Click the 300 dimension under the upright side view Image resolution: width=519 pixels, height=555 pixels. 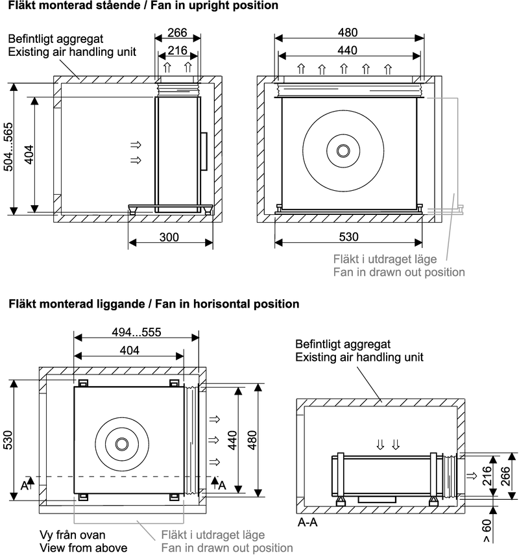pos(169,238)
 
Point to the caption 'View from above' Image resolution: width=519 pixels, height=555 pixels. pos(83,548)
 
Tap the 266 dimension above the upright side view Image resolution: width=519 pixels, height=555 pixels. pos(178,33)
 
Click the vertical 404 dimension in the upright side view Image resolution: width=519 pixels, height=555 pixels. pos(29,154)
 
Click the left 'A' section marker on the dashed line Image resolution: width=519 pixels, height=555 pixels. pos(24,484)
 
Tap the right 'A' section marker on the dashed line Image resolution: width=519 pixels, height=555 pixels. pos(222,484)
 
